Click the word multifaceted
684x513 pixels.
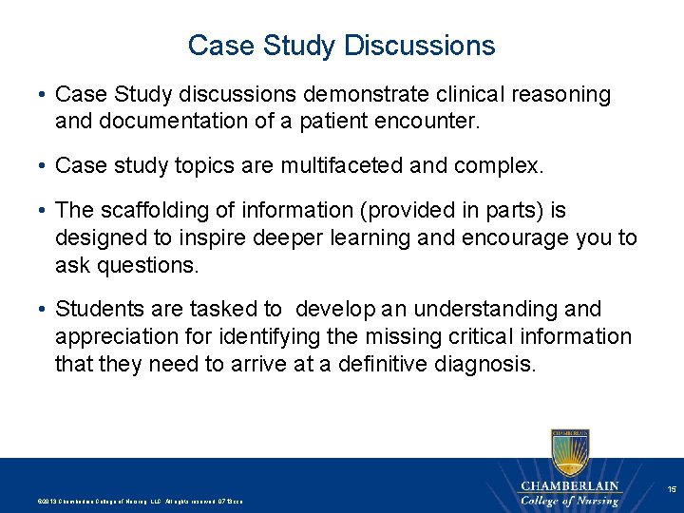346,167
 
